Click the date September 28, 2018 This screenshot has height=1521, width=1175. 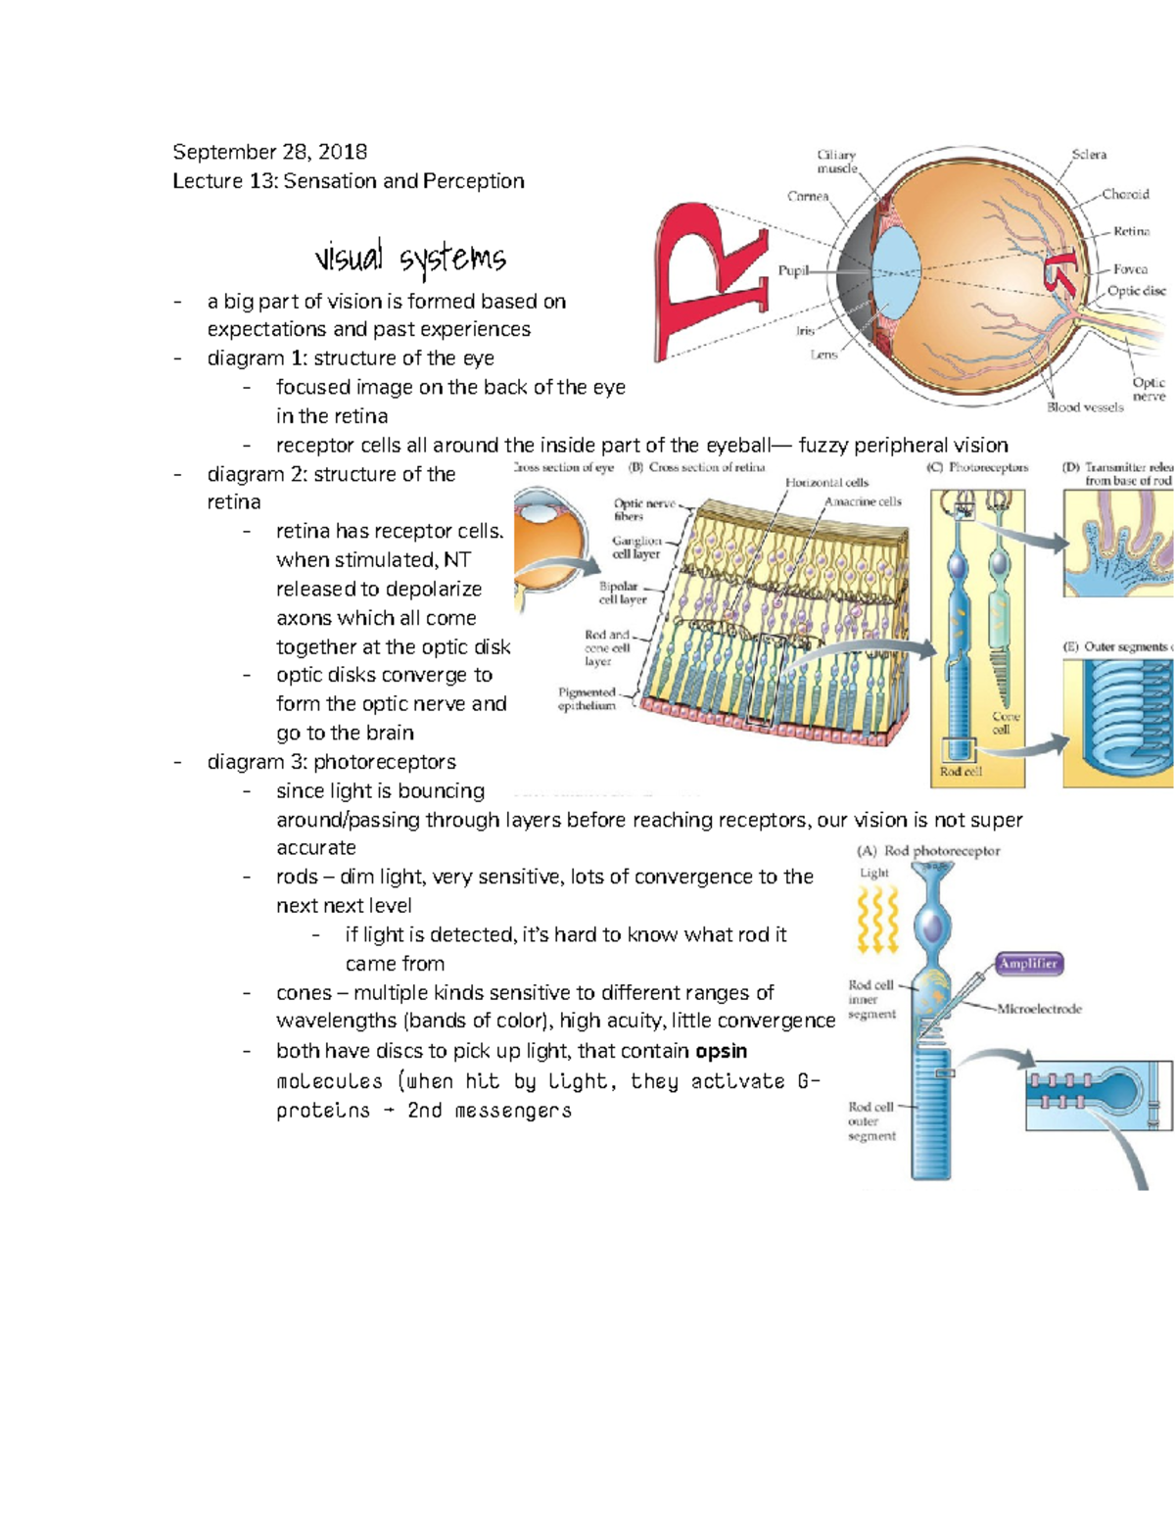pyautogui.click(x=269, y=152)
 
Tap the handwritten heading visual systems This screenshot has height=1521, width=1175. pyautogui.click(x=409, y=259)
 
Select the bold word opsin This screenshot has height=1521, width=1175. pyautogui.click(x=721, y=1051)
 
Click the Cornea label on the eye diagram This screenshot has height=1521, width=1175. pyautogui.click(x=808, y=196)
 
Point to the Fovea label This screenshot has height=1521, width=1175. pyautogui.click(x=1130, y=268)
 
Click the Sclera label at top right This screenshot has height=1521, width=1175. pyautogui.click(x=1089, y=155)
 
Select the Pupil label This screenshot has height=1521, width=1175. pyautogui.click(x=793, y=270)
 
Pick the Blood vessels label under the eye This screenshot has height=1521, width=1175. pyautogui.click(x=1085, y=407)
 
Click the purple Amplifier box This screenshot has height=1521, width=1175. pyautogui.click(x=1028, y=964)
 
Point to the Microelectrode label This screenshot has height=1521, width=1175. pyautogui.click(x=1039, y=1009)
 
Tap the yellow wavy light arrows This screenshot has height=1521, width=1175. pyautogui.click(x=877, y=921)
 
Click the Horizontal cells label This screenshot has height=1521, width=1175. pyautogui.click(x=826, y=482)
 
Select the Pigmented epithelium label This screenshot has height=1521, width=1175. pyautogui.click(x=587, y=698)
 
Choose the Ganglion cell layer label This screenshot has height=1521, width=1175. pyautogui.click(x=636, y=547)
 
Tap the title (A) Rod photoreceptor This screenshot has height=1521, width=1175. pyautogui.click(x=928, y=851)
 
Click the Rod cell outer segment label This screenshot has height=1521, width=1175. pyautogui.click(x=871, y=1121)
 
